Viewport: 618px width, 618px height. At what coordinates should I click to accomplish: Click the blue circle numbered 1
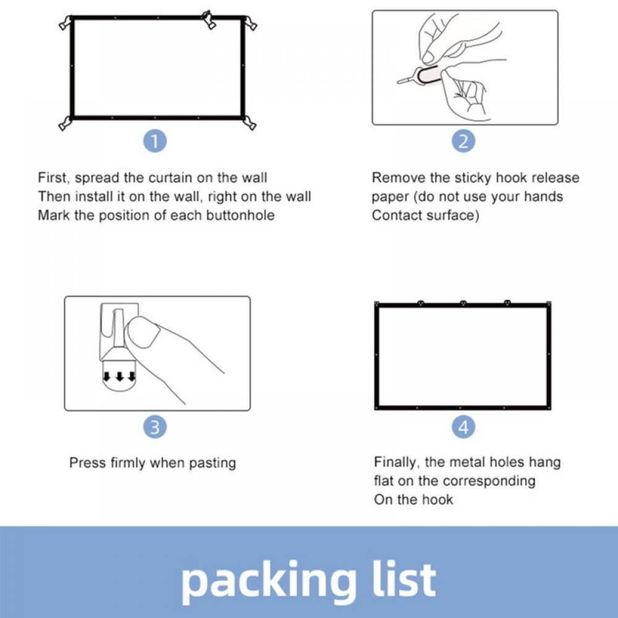pos(155,141)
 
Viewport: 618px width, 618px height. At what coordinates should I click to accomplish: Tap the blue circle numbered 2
pos(463,141)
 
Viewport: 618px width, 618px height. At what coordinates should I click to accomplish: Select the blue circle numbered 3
pos(155,427)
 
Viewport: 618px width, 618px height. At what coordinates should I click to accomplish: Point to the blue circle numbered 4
pos(463,427)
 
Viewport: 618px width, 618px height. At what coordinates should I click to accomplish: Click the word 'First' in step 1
pos(53,178)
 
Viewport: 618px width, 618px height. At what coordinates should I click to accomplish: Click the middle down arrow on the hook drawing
pos(121,377)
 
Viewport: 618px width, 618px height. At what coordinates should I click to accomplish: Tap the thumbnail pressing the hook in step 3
pos(142,332)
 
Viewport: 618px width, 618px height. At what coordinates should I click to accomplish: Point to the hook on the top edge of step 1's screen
pos(209,20)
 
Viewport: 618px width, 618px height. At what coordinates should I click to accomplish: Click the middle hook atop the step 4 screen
pos(463,303)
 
